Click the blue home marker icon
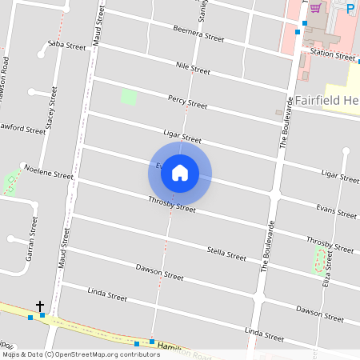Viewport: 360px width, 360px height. click(x=180, y=172)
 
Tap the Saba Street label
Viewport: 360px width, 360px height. click(x=66, y=46)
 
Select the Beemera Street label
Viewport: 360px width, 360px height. click(x=198, y=33)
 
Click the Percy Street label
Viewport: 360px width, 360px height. click(x=187, y=101)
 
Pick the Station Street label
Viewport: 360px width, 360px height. click(x=333, y=55)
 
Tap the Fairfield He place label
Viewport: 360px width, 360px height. click(x=326, y=101)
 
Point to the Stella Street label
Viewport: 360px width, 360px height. click(x=226, y=255)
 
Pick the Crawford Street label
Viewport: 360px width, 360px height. click(x=22, y=128)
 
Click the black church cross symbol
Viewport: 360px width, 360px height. click(x=40, y=306)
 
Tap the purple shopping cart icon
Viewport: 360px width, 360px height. click(x=315, y=8)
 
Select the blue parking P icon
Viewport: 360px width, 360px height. click(x=350, y=9)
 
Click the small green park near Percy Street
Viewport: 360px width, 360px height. click(x=128, y=98)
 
